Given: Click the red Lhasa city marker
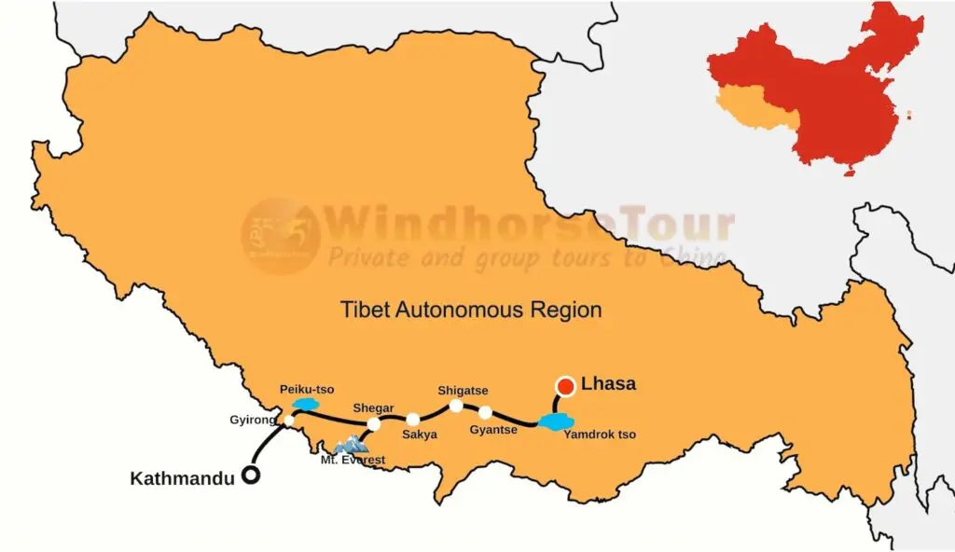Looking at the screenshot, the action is point(565,386).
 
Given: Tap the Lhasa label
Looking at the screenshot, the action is point(608,383).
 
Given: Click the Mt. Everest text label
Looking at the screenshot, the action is point(353,460).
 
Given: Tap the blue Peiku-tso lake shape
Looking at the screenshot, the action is point(305,405).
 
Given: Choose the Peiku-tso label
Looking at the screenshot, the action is point(307,389).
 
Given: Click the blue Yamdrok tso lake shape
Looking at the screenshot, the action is point(556,422).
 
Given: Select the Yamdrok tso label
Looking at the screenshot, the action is point(600,435).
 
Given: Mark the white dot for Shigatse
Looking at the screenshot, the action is point(456,406).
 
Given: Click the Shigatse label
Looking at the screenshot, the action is point(463,391).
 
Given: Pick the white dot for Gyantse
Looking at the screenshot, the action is point(485,412).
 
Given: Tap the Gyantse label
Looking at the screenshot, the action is point(493,430).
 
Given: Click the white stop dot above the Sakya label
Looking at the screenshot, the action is point(413,420).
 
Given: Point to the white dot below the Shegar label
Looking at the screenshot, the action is point(373,424).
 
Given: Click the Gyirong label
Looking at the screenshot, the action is point(253,421).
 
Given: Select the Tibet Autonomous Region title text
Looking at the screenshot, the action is point(470,309).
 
